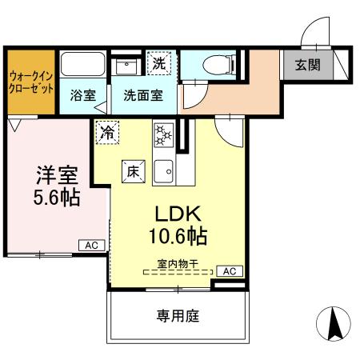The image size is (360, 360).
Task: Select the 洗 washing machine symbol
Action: point(158,62)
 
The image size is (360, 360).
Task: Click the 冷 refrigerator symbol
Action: point(106,133)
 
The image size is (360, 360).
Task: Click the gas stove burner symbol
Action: point(162,134)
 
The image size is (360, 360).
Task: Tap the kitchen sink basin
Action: point(163,170)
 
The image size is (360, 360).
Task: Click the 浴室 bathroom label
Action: point(82,94)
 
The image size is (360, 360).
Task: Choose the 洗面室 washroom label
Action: point(143,94)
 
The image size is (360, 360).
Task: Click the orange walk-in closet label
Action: point(30,82)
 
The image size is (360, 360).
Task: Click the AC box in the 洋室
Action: point(92,246)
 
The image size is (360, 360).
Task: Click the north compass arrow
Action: point(334,323)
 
